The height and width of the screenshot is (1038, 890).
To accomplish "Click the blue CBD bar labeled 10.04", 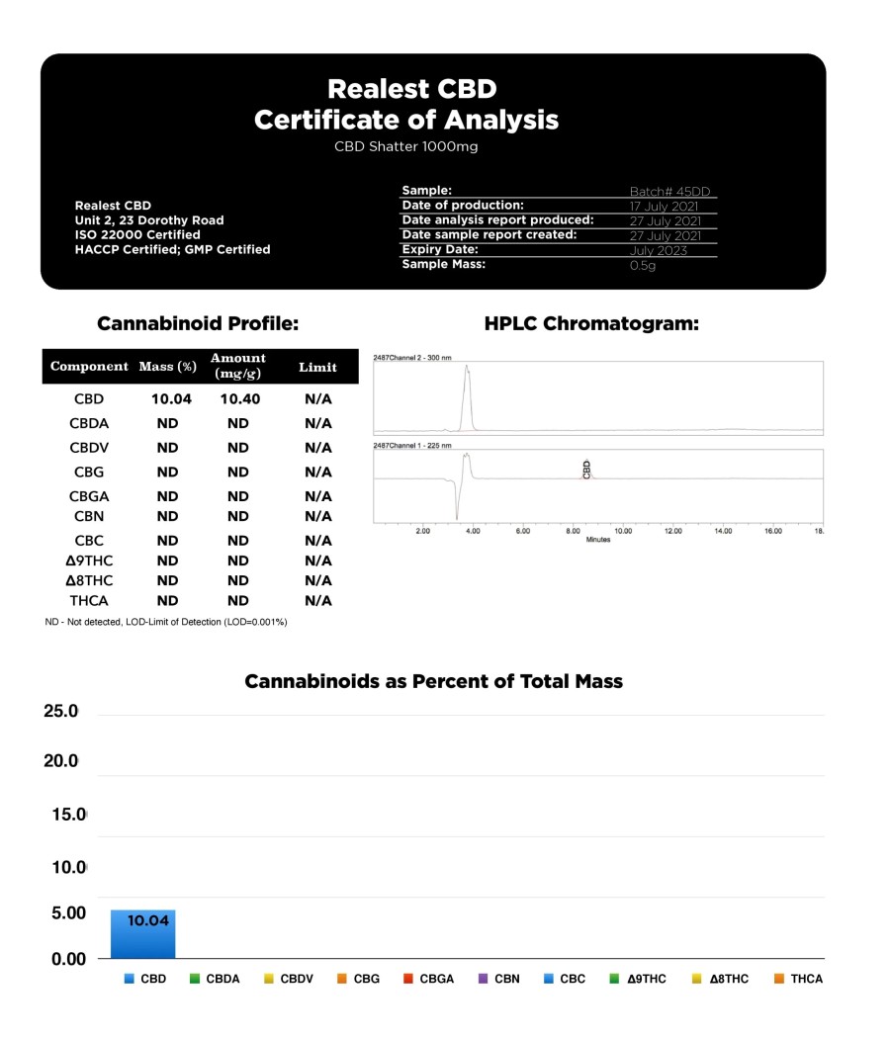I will click(x=142, y=933).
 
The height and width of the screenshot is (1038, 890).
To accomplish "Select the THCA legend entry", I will click(x=798, y=979).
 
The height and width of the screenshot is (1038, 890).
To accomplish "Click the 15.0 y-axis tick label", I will click(x=69, y=815).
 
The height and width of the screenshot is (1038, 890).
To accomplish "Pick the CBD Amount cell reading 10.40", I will click(x=238, y=399).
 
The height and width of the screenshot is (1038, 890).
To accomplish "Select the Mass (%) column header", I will click(x=167, y=367).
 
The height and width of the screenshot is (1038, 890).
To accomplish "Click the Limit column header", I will click(x=317, y=367).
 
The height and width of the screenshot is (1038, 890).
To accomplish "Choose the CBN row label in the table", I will click(x=88, y=516).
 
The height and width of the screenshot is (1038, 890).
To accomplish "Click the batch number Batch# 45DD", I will click(x=669, y=192).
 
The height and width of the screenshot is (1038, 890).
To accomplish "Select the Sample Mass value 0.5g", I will click(x=644, y=266).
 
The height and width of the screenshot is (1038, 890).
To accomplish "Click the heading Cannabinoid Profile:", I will click(x=198, y=323).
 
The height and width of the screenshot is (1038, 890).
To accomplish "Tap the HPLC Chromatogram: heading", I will click(x=591, y=323).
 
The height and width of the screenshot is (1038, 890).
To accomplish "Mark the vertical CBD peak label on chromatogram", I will click(x=587, y=470).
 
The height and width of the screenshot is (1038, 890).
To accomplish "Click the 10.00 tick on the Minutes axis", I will click(x=623, y=531).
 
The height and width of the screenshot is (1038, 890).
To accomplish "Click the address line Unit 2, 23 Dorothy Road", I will click(x=149, y=220).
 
